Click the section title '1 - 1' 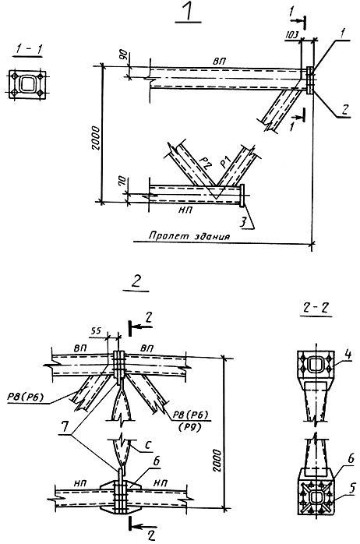tap(28, 49)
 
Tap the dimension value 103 tap(291, 35)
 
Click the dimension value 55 tap(97, 331)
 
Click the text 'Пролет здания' tap(189, 236)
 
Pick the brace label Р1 tap(226, 163)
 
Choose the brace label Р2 tap(206, 161)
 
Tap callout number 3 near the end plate tap(243, 221)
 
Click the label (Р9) tap(189, 427)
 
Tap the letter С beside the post tap(148, 444)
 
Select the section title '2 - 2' tap(315, 307)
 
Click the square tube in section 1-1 tap(28, 84)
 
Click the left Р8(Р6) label tap(26, 397)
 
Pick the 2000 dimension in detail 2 tap(217, 461)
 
